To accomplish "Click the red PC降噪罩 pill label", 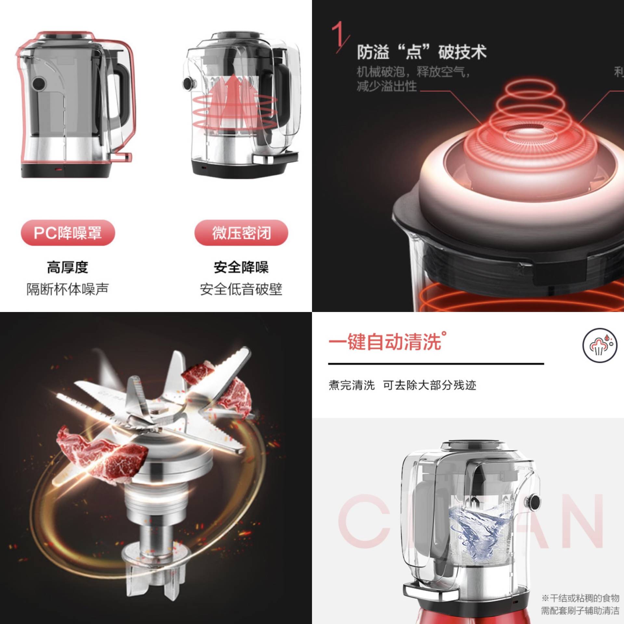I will pyautogui.click(x=68, y=233).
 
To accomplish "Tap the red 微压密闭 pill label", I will pyautogui.click(x=241, y=233).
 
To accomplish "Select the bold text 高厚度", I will pyautogui.click(x=68, y=267).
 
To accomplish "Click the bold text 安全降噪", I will pyautogui.click(x=241, y=267).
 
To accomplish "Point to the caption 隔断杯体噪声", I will pyautogui.click(x=68, y=289).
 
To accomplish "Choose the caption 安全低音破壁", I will pyautogui.click(x=241, y=289).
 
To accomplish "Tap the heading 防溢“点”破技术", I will pyautogui.click(x=422, y=52).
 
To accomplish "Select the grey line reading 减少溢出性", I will pyautogui.click(x=386, y=86).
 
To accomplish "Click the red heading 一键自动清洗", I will pyautogui.click(x=385, y=342).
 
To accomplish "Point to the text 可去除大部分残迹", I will pyautogui.click(x=429, y=385).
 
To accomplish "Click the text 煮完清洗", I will pyautogui.click(x=351, y=385).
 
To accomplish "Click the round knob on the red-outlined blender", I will pyautogui.click(x=39, y=84).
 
